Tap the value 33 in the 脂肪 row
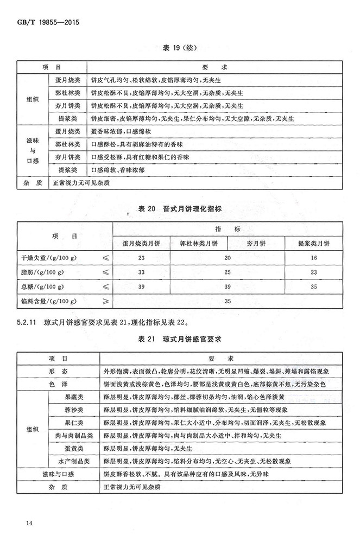click(142, 271)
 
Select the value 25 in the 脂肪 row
click(228, 271)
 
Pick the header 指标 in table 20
click(228, 228)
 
